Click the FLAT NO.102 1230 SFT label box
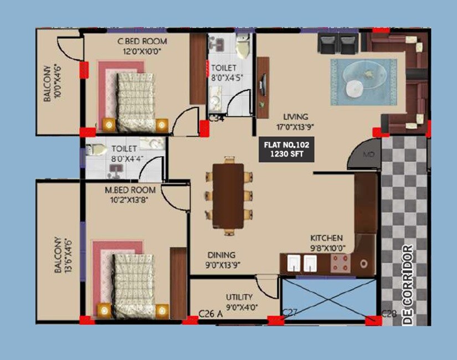pos(286,150)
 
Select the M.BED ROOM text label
pos(130,190)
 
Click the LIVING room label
pos(295,117)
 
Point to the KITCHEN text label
pos(326,238)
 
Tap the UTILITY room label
pos(239,297)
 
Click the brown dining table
pos(228,196)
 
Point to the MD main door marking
pos(367,153)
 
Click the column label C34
pos(215,117)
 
